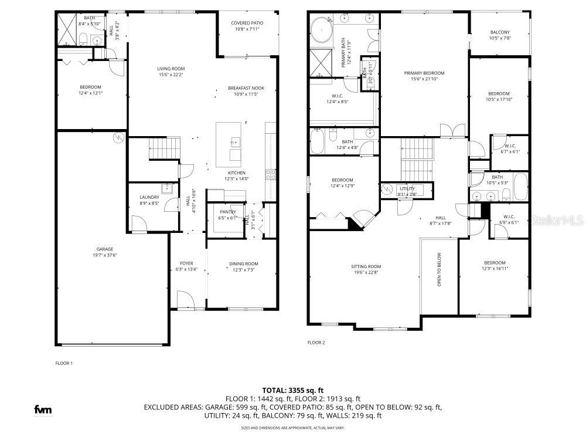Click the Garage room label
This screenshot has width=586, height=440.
[105, 249]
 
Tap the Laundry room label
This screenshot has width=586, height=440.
[149, 197]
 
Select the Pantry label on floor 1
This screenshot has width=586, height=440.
[228, 212]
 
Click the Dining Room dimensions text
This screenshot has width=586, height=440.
[243, 270]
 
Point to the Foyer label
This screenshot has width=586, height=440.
[186, 263]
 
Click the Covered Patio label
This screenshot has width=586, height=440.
[248, 23]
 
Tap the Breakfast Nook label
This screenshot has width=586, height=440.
[246, 88]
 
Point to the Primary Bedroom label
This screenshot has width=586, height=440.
[424, 73]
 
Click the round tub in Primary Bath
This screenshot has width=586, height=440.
[321, 28]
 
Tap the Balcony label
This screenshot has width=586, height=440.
[499, 32]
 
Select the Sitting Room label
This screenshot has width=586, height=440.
[366, 266]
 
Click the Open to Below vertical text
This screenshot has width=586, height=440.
[439, 269]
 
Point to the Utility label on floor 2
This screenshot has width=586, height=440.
[407, 188]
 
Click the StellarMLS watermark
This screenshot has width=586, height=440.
[557, 221]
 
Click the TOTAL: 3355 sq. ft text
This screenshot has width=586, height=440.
[292, 390]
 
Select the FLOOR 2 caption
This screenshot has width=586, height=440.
[316, 343]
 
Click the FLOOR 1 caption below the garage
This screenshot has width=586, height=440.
[64, 363]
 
